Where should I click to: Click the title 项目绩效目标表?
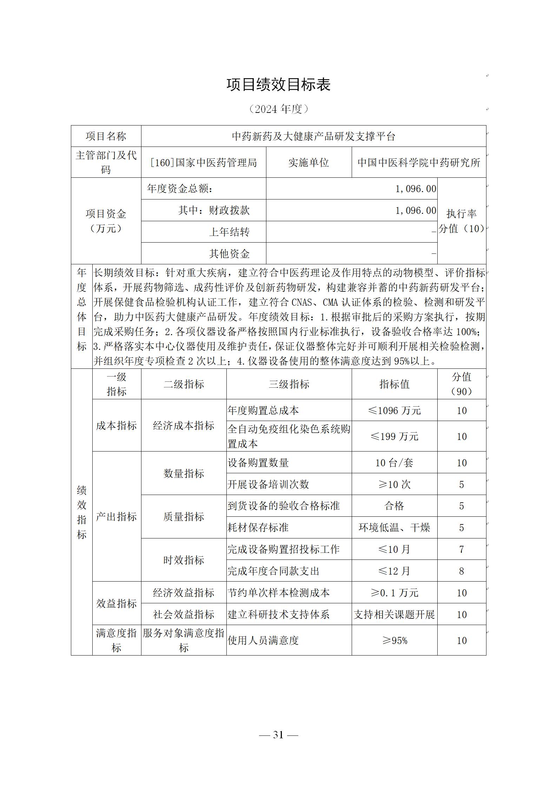click(278, 85)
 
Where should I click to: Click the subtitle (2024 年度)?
click(278, 109)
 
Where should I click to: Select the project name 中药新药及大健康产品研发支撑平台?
click(313, 136)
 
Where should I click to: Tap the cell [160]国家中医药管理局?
click(204, 163)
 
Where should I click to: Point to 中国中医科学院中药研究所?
click(419, 163)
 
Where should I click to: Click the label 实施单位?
click(309, 163)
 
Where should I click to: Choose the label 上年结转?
click(229, 232)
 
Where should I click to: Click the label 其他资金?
click(229, 254)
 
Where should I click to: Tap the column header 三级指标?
click(289, 384)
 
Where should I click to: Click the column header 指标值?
click(394, 384)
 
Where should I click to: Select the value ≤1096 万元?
click(394, 411)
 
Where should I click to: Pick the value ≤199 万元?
click(394, 436)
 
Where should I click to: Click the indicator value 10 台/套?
click(394, 463)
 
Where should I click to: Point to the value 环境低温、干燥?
click(394, 528)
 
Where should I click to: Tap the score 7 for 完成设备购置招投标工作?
click(462, 549)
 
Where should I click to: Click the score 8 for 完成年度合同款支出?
click(462, 571)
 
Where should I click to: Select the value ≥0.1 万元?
click(394, 593)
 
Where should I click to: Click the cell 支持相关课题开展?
click(394, 615)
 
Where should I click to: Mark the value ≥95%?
click(394, 640)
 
